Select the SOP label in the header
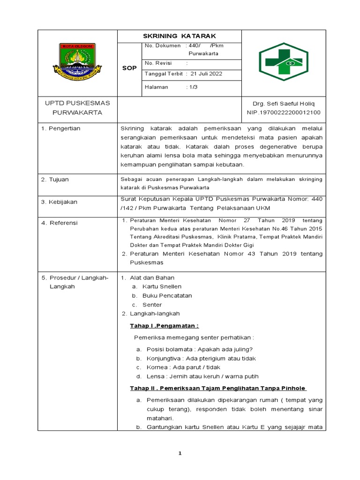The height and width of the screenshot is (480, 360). (129, 68)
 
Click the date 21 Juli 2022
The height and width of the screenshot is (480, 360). (206, 74)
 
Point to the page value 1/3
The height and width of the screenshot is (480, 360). (193, 87)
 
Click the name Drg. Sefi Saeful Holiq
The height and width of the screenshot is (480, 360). (284, 103)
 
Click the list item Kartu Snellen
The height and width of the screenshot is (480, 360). (162, 286)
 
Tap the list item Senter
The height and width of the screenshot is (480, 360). (152, 305)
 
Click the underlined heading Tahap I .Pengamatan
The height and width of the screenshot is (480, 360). (164, 326)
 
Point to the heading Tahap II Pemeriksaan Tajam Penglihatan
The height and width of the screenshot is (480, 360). (218, 388)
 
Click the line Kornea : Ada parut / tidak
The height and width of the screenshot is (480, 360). (183, 367)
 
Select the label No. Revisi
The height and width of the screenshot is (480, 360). (158, 63)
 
